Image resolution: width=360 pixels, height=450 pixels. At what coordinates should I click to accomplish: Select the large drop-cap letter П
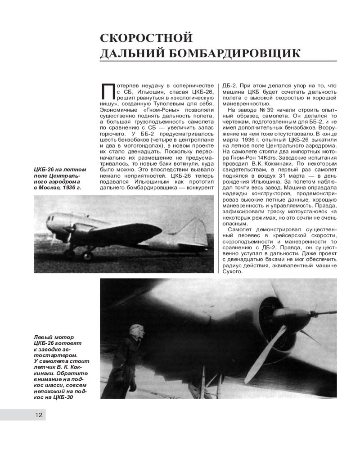point(108,93)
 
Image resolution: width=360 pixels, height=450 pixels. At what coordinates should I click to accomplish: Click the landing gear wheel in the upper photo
point(86,255)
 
